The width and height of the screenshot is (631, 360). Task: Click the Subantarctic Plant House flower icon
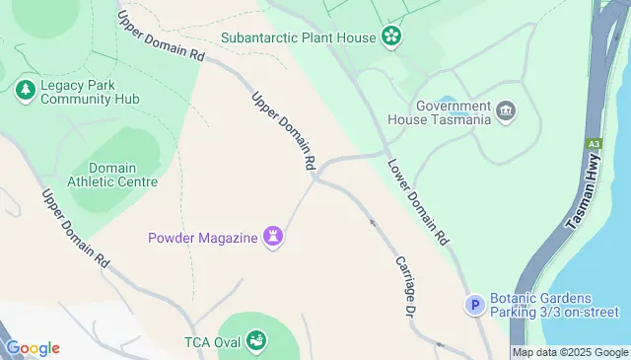click(392, 38)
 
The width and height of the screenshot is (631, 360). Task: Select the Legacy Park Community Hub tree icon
click(25, 91)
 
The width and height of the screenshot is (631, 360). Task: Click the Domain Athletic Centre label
click(112, 175)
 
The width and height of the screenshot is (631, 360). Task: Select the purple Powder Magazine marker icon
click(274, 237)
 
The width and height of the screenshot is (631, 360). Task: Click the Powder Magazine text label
click(203, 237)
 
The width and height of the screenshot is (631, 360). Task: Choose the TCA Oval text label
click(212, 343)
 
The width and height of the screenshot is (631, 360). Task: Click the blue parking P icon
click(475, 306)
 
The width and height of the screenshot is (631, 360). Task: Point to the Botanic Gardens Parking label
click(553, 306)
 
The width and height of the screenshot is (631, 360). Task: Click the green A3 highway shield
click(594, 142)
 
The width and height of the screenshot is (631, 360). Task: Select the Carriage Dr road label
click(403, 285)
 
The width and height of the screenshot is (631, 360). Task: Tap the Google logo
click(33, 347)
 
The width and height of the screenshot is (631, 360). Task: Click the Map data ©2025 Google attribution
click(570, 352)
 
